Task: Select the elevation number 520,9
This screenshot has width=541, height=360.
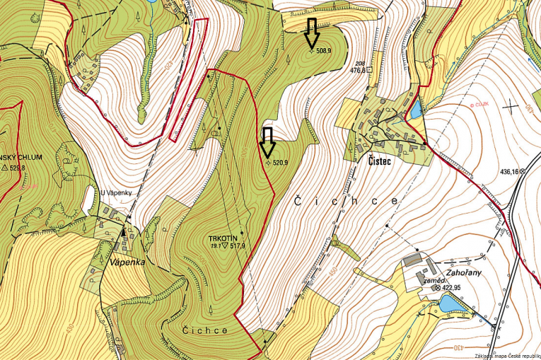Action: click(x=281, y=163)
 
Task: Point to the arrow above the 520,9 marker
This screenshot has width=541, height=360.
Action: click(x=267, y=142)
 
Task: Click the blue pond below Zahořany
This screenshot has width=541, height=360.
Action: click(x=448, y=304)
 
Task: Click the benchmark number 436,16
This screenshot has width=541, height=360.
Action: click(x=509, y=171)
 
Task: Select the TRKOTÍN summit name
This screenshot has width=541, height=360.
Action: click(x=224, y=238)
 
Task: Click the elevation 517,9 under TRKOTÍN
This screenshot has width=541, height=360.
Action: click(x=237, y=246)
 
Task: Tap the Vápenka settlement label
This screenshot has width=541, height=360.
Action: click(x=128, y=262)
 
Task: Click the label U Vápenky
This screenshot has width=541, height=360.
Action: click(x=116, y=192)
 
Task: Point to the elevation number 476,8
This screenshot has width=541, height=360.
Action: click(x=359, y=71)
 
